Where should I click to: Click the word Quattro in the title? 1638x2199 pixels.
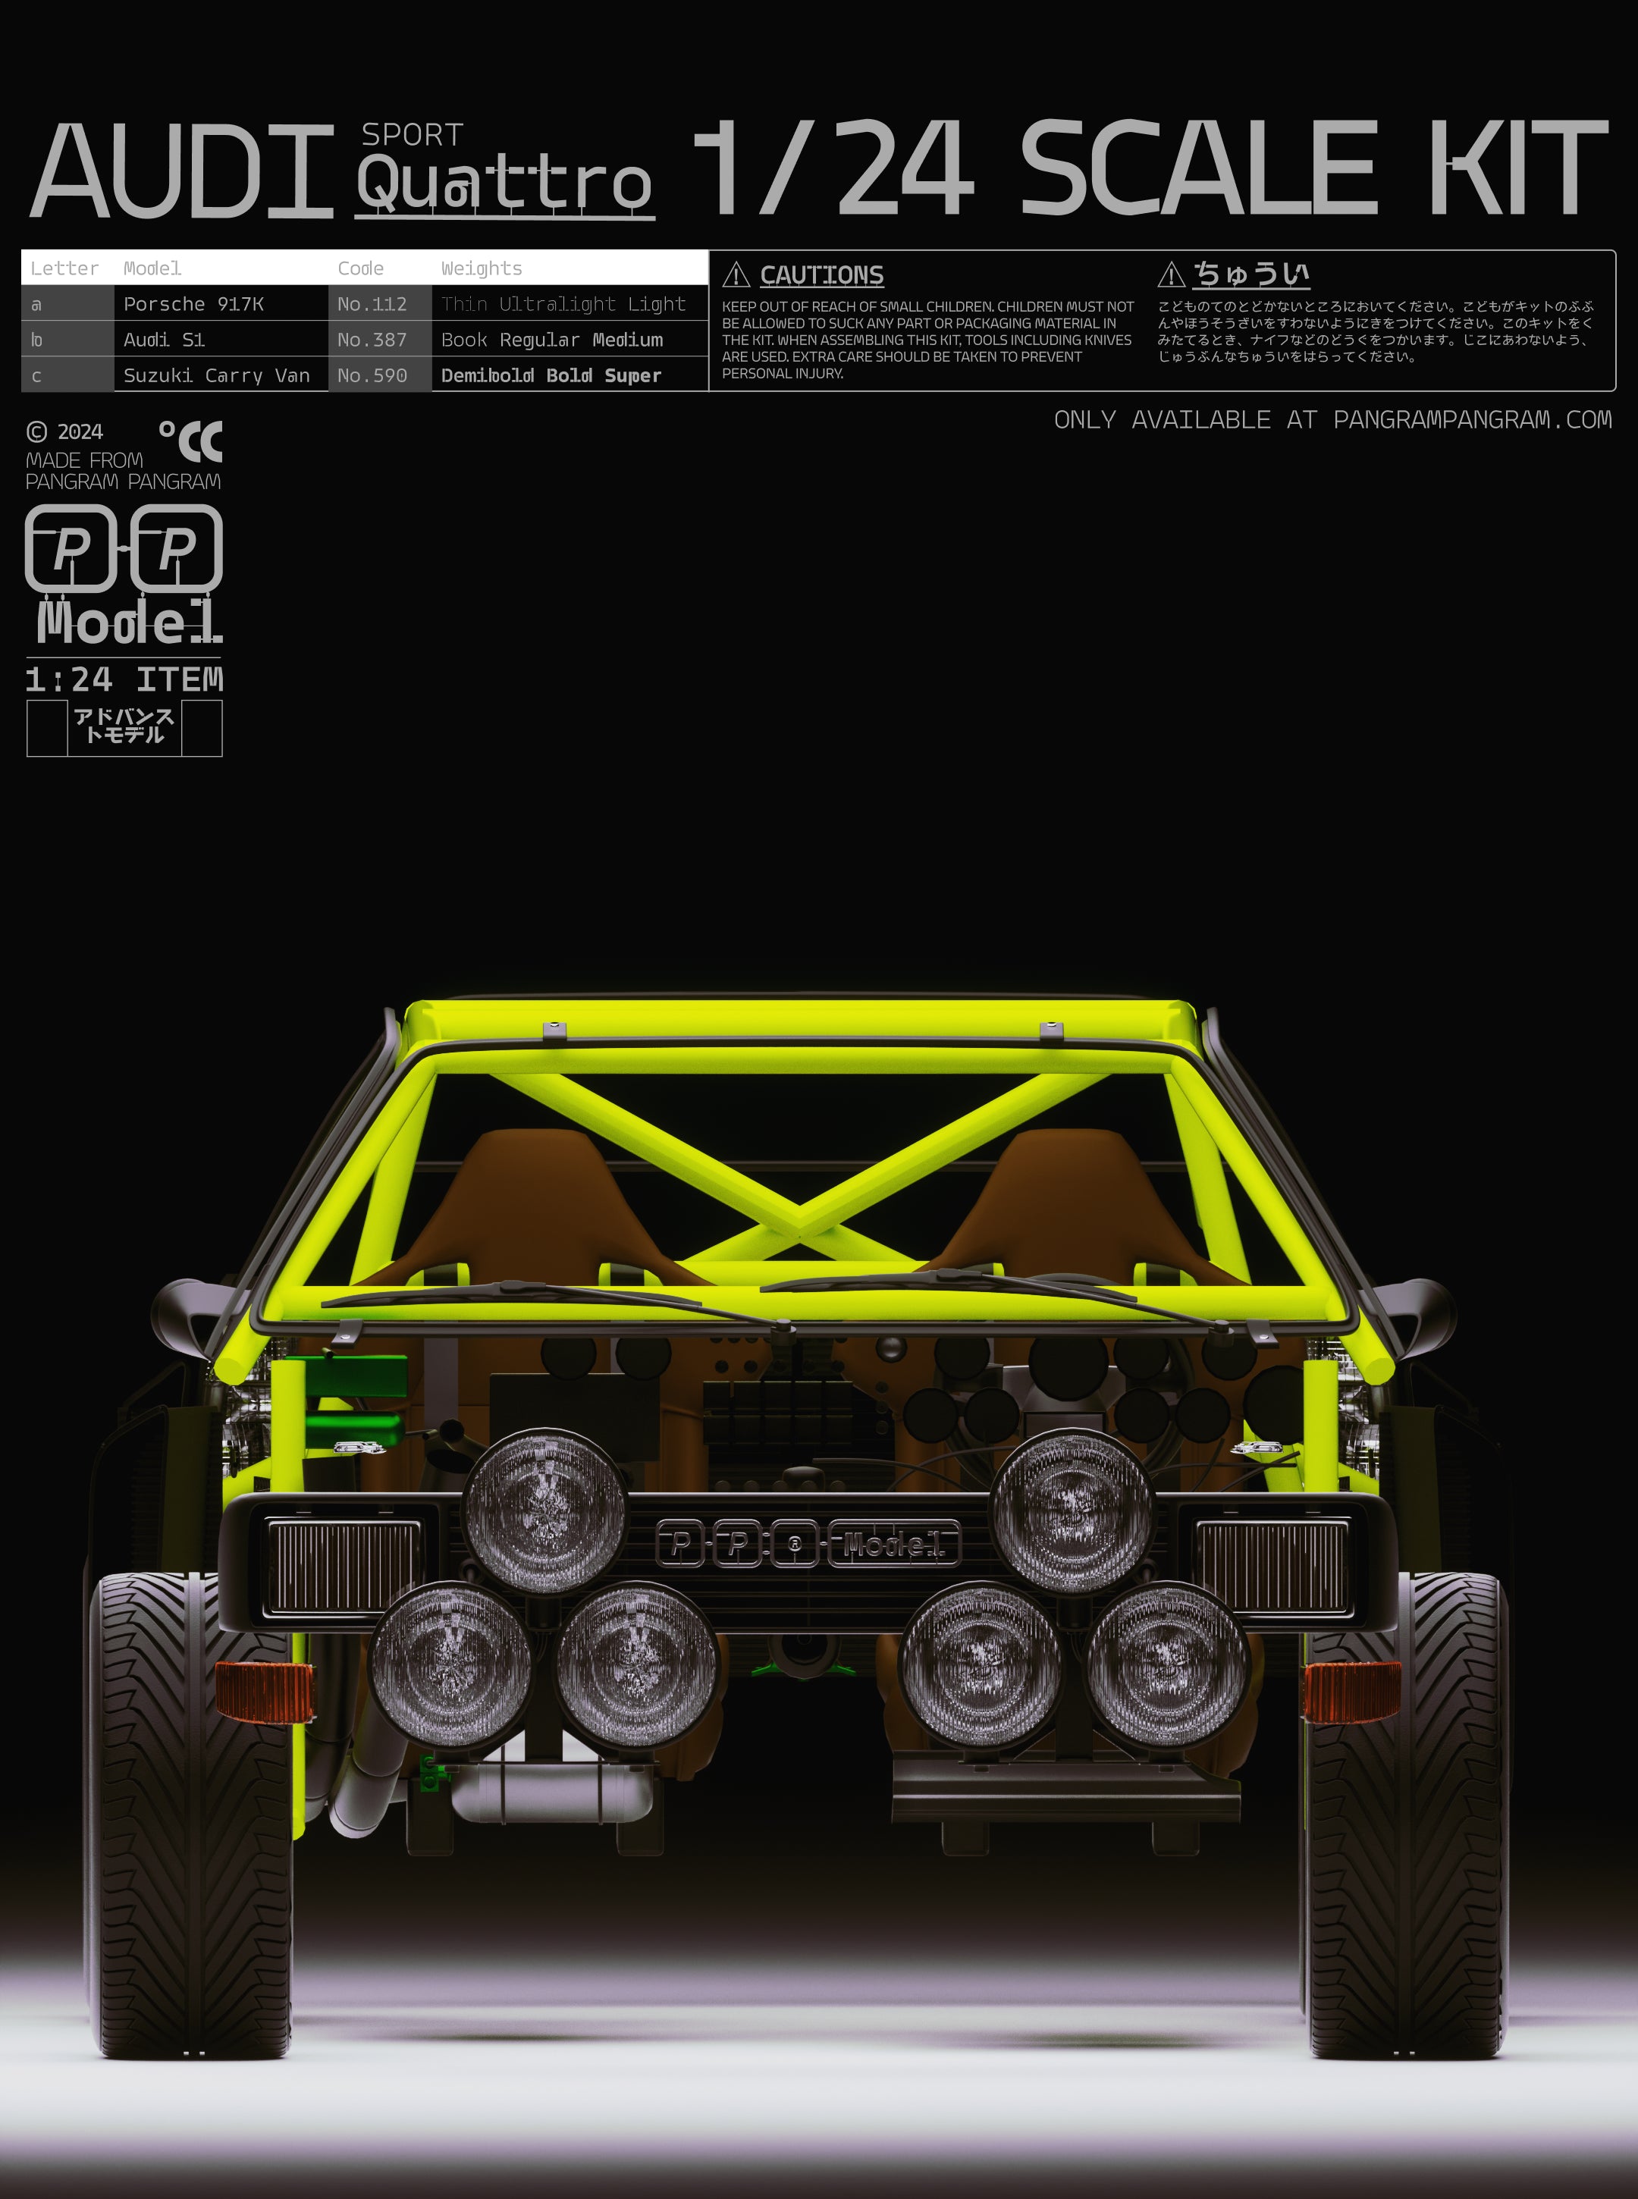505,184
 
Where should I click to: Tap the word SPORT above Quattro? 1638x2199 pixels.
412,135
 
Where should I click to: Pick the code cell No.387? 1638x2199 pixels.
372,339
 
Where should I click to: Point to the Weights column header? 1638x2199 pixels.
481,268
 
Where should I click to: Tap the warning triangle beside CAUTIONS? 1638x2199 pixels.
736,274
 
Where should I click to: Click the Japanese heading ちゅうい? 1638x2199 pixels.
1250,273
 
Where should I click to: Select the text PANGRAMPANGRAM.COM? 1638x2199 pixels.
1473,419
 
